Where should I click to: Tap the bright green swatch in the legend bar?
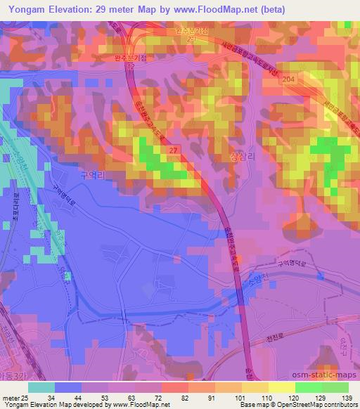point(309,387)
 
